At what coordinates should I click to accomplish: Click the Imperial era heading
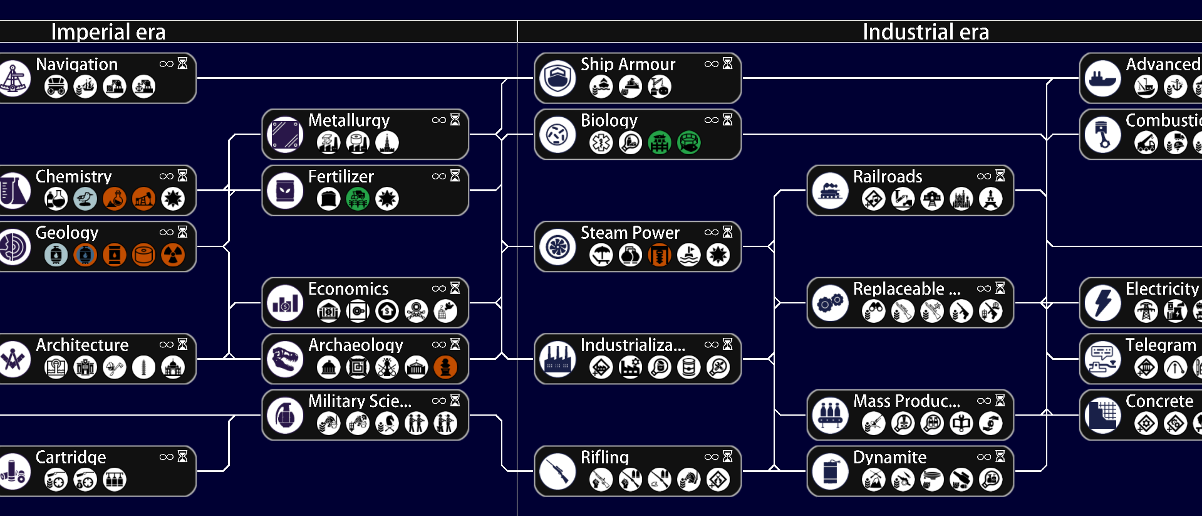(x=108, y=32)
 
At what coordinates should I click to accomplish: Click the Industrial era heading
(x=925, y=32)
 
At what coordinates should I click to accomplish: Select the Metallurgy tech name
(x=348, y=120)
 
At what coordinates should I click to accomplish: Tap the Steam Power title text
(x=629, y=233)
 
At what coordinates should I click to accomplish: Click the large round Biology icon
(x=557, y=134)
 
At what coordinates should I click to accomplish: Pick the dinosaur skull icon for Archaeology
(x=285, y=359)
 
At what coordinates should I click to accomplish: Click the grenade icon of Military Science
(x=285, y=415)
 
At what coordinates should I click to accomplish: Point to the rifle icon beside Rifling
(x=557, y=471)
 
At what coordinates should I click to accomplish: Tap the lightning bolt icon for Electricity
(x=1102, y=303)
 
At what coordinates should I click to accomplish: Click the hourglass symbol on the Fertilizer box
(x=455, y=176)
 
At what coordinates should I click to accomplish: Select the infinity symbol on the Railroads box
(x=983, y=176)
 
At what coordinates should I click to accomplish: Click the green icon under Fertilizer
(x=358, y=199)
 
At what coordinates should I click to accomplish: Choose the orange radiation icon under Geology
(x=173, y=255)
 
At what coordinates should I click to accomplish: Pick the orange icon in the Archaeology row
(x=445, y=367)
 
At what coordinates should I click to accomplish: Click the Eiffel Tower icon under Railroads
(x=990, y=199)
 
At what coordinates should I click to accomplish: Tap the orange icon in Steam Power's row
(x=660, y=255)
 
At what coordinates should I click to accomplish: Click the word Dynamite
(x=889, y=457)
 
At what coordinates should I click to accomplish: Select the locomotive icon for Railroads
(x=830, y=191)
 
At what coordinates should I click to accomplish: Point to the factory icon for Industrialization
(x=557, y=359)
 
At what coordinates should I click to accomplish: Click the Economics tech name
(x=348, y=288)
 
